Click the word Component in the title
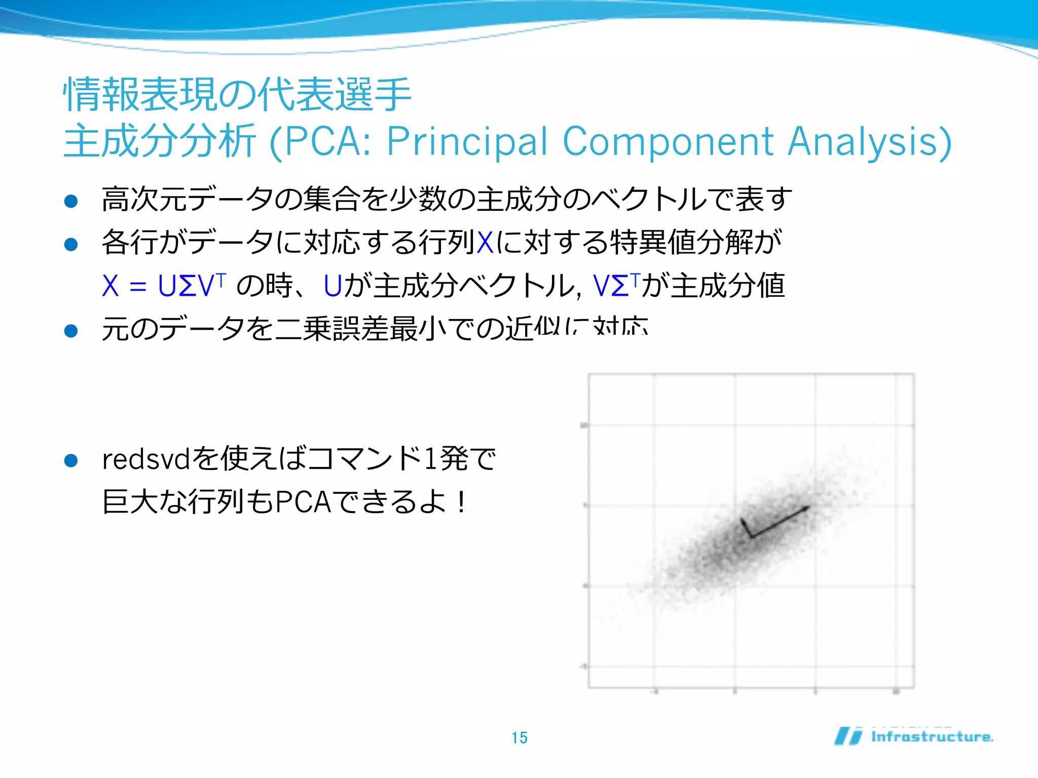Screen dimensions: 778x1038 pyautogui.click(x=668, y=141)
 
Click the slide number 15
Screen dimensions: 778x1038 pyautogui.click(x=520, y=737)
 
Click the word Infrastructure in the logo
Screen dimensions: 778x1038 pyautogui.click(x=932, y=736)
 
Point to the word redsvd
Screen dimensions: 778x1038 pyautogui.click(x=146, y=459)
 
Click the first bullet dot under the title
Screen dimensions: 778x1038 pyautogui.click(x=71, y=201)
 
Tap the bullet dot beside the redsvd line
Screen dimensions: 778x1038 pyautogui.click(x=71, y=460)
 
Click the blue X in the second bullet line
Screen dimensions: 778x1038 pyautogui.click(x=485, y=242)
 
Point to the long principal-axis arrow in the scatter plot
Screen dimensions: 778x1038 pyautogui.click(x=781, y=521)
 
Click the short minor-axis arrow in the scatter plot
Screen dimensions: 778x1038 pyautogui.click(x=746, y=527)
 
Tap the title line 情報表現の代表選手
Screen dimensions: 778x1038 pyautogui.click(x=237, y=95)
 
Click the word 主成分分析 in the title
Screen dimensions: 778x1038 pyautogui.click(x=160, y=141)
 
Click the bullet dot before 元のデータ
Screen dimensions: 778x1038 pyautogui.click(x=71, y=331)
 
